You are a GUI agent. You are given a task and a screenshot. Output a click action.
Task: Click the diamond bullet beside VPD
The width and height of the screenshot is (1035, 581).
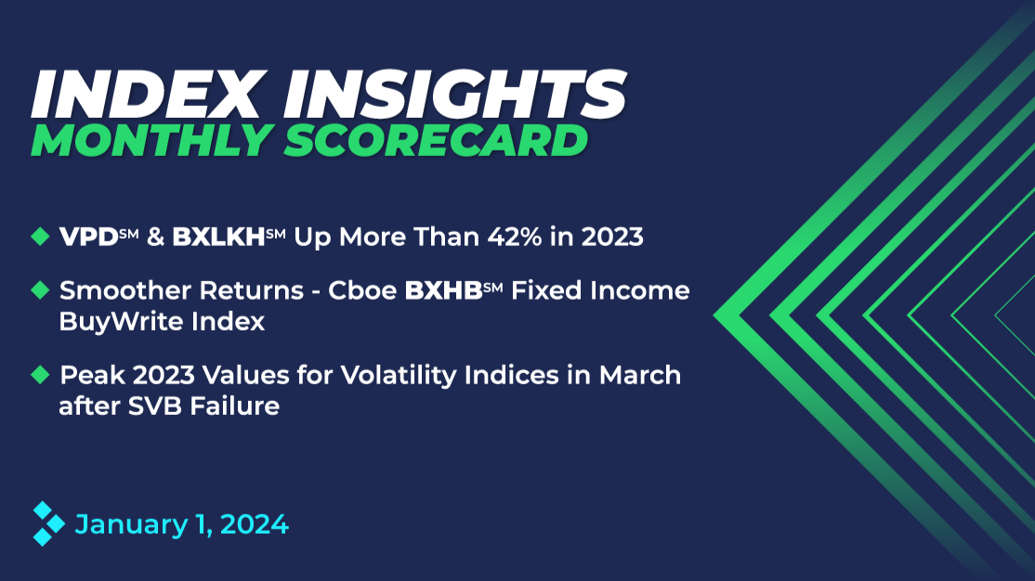point(40,237)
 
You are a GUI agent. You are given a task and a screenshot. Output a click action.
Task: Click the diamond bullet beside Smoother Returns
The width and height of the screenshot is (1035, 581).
point(40,291)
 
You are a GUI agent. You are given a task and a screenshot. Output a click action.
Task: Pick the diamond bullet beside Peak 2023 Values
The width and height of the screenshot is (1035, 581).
point(40,375)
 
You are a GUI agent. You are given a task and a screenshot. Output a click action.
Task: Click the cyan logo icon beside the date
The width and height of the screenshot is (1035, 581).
point(47,523)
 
